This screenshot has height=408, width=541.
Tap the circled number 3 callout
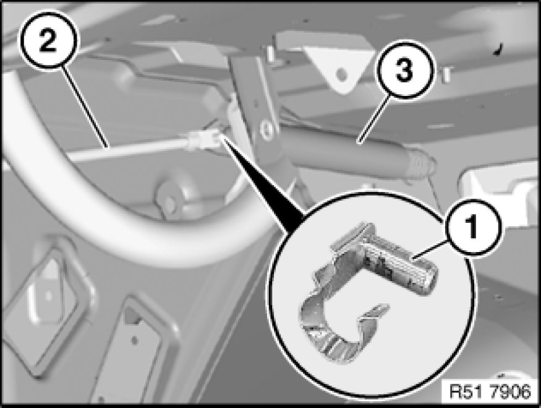404,70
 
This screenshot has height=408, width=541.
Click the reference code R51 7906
490,392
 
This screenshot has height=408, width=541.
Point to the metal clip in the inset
366,293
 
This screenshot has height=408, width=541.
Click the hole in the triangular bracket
341,73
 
